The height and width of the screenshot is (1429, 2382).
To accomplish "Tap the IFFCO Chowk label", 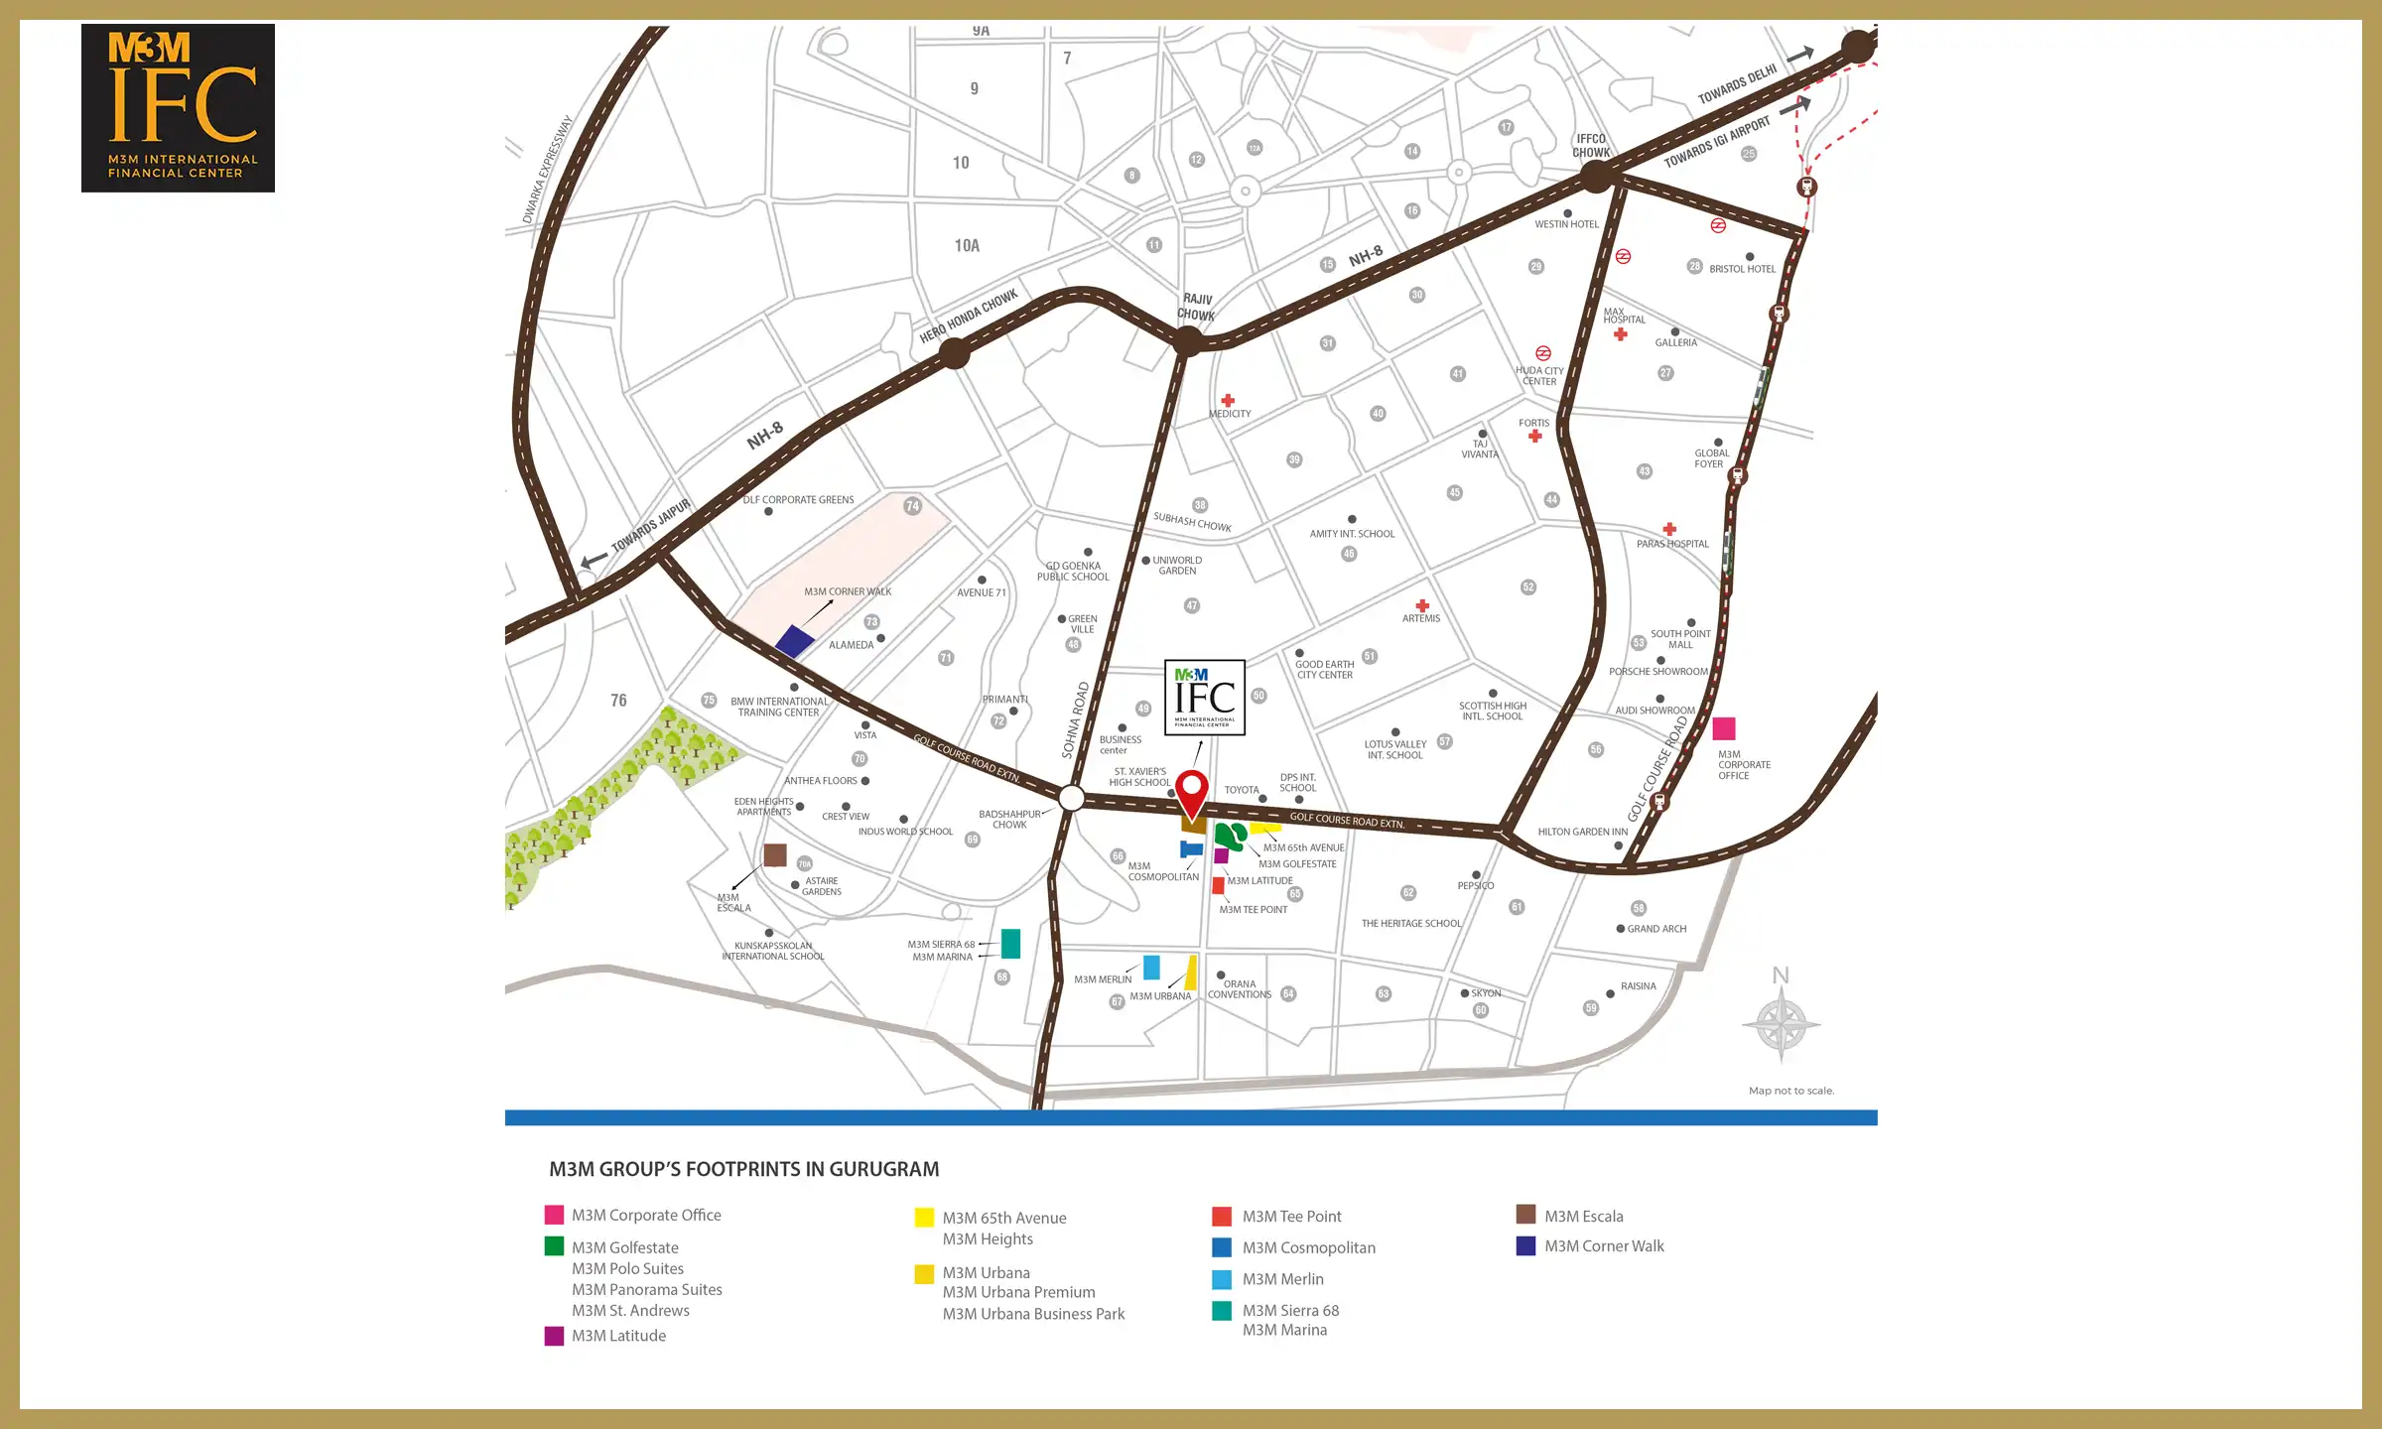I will point(1590,146).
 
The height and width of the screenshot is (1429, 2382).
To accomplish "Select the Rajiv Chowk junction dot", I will point(1187,342).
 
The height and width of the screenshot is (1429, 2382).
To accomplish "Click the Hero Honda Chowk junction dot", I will point(954,352).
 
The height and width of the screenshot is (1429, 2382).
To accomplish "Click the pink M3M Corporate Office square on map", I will point(1724,728).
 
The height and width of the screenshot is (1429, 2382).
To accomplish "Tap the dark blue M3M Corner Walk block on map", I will point(794,641).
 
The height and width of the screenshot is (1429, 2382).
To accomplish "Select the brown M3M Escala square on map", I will point(775,854).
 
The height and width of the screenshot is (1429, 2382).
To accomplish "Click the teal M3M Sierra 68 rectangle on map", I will point(1010,943).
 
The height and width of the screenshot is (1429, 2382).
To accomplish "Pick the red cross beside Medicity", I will point(1228,401).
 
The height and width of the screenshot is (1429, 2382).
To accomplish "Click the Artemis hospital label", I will point(1420,618).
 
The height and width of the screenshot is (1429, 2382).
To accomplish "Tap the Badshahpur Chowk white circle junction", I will point(1071,797).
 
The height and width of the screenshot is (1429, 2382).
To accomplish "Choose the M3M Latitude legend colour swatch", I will point(554,1336).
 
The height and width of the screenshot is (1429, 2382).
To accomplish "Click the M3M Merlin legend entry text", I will point(1282,1279).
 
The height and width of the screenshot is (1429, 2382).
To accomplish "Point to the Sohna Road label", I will point(1076,719).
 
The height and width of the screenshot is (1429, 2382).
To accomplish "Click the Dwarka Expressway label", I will point(547,170).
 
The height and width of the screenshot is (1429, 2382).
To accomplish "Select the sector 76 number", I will point(618,701).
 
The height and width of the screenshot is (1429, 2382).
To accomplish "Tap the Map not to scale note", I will point(1790,1091).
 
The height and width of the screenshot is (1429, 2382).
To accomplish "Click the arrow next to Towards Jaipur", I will point(594,561).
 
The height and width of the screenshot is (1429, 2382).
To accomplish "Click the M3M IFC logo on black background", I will point(178,108).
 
